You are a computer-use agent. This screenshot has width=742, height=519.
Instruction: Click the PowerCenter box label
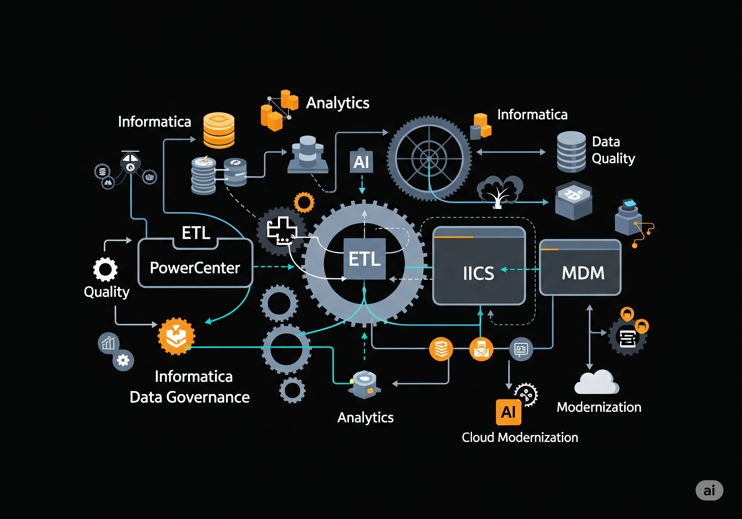point(195,268)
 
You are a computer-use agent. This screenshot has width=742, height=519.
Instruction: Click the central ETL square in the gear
point(365,259)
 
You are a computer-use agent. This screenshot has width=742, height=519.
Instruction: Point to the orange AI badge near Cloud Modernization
point(508,412)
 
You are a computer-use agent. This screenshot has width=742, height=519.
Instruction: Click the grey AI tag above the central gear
point(361,162)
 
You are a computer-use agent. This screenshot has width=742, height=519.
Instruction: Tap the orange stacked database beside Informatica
point(219,130)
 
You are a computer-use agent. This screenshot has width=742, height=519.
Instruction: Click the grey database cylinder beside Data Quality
point(571,151)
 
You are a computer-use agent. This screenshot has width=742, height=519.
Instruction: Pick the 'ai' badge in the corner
point(709,490)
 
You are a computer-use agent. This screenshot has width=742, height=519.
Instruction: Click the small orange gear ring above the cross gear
point(304,202)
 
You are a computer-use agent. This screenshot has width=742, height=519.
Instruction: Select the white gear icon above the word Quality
point(105,269)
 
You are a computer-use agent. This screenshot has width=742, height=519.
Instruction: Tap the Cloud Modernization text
point(520,437)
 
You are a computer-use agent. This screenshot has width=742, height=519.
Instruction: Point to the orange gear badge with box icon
point(176,336)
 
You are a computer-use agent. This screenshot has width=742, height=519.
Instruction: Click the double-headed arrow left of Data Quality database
point(511,152)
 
